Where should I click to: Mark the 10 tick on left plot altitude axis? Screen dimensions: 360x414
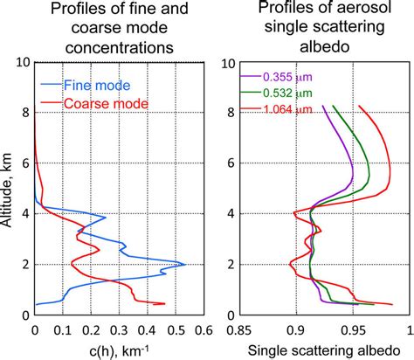tap(21, 63)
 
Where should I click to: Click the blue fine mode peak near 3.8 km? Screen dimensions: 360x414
tap(106, 218)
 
